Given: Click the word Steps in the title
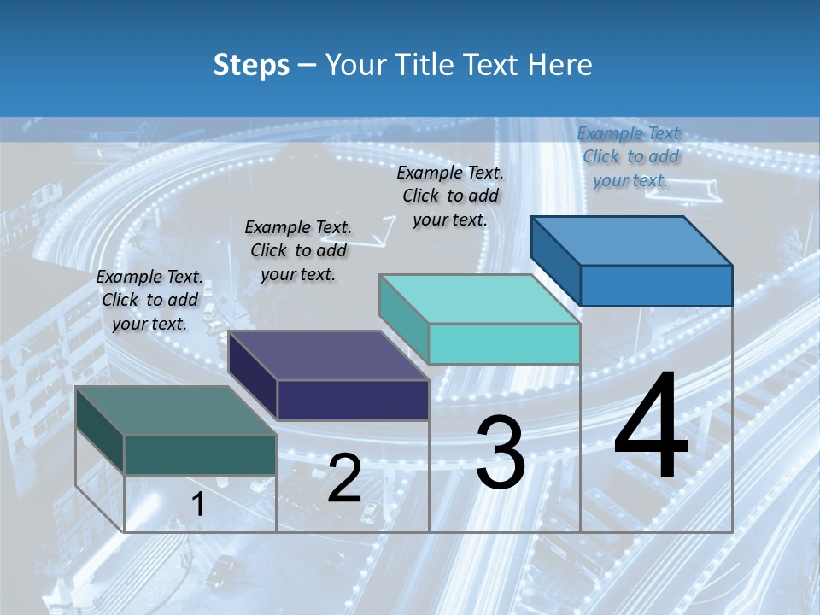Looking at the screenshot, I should (251, 65).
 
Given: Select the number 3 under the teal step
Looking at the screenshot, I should (501, 453).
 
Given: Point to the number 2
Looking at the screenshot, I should (344, 479).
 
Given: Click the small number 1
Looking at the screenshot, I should (198, 504).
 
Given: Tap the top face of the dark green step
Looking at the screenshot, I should (176, 410).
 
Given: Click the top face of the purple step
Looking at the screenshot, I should (328, 355).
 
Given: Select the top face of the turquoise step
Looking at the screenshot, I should (479, 299).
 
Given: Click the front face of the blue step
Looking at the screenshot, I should (656, 285).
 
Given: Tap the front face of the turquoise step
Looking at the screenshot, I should (504, 344).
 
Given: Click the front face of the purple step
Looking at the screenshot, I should (353, 400).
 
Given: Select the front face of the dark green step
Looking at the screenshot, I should (200, 454).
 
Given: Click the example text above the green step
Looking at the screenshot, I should (150, 300).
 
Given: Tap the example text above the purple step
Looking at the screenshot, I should (298, 250).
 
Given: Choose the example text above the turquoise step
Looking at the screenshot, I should (450, 196).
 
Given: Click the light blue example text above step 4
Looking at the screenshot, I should (630, 156).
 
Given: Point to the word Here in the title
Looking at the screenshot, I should (560, 65).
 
